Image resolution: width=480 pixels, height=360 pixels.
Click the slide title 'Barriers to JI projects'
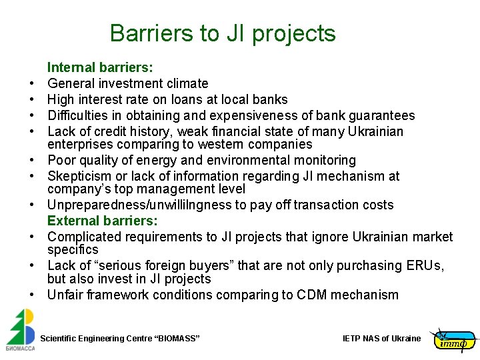(223, 33)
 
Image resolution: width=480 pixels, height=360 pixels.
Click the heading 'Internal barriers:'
(100, 67)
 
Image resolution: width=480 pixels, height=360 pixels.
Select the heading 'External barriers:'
(102, 221)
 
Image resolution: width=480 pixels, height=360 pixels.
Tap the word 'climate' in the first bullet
(186, 83)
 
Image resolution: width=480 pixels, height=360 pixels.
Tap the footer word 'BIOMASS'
(177, 339)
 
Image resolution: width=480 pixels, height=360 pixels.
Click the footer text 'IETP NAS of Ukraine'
(381, 339)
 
